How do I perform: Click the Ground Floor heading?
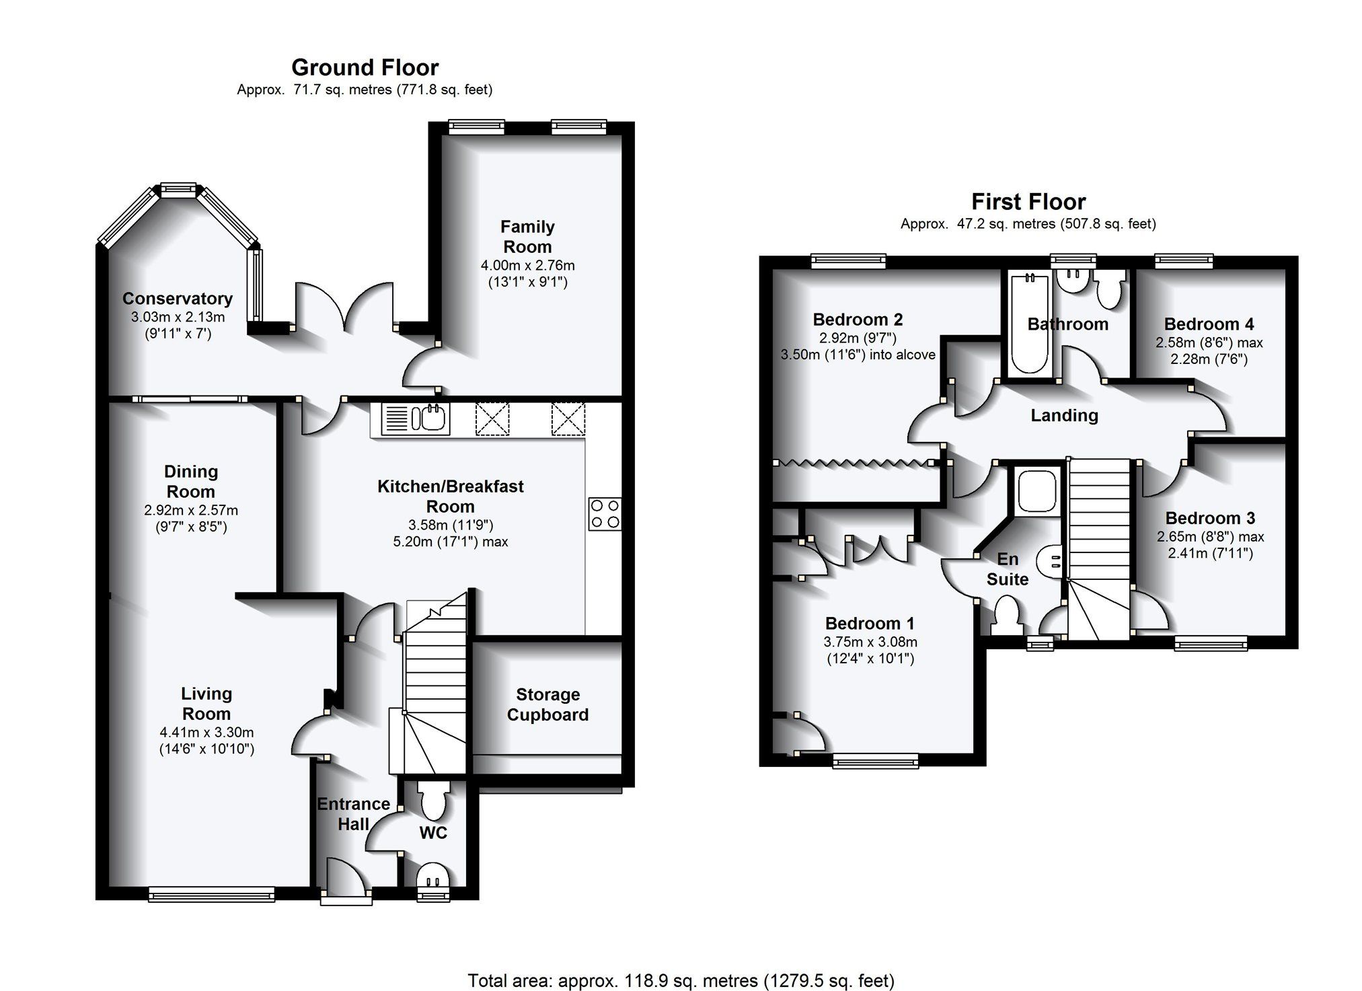tap(365, 67)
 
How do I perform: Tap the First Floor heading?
tap(1028, 202)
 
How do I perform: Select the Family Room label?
tap(527, 237)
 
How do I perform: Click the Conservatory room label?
tap(178, 298)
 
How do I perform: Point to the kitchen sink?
tap(415, 419)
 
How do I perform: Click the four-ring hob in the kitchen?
tap(605, 513)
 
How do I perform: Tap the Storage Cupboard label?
tap(547, 704)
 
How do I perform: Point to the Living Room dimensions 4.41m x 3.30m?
tap(207, 733)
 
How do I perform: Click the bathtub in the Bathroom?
tap(1029, 322)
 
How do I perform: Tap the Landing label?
tap(1064, 415)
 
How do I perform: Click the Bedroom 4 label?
tap(1209, 324)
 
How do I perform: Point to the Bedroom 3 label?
tap(1210, 518)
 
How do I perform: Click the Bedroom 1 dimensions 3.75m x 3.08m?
tap(870, 642)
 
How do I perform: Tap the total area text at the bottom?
tap(681, 980)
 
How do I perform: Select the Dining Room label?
tap(191, 482)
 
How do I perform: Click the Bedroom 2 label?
tap(858, 320)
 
